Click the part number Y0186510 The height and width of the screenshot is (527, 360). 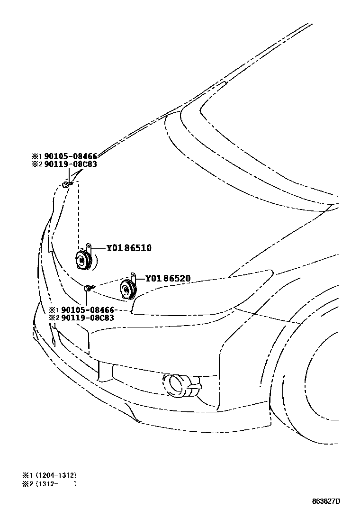pos(128,247)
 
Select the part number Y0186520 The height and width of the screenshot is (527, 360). pos(168,278)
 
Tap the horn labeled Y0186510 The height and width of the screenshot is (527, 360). pos(83,260)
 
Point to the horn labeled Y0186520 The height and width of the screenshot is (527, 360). pos(126,289)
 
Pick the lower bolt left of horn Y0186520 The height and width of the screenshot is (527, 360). pos(89,287)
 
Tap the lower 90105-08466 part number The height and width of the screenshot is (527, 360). pos(88,309)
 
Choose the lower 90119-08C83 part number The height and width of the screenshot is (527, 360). pos(88,318)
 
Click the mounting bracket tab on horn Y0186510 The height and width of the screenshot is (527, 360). pos(89,246)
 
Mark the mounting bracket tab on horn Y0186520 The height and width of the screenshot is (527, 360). pos(134,276)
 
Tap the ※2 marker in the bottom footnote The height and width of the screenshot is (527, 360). pos(25,484)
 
